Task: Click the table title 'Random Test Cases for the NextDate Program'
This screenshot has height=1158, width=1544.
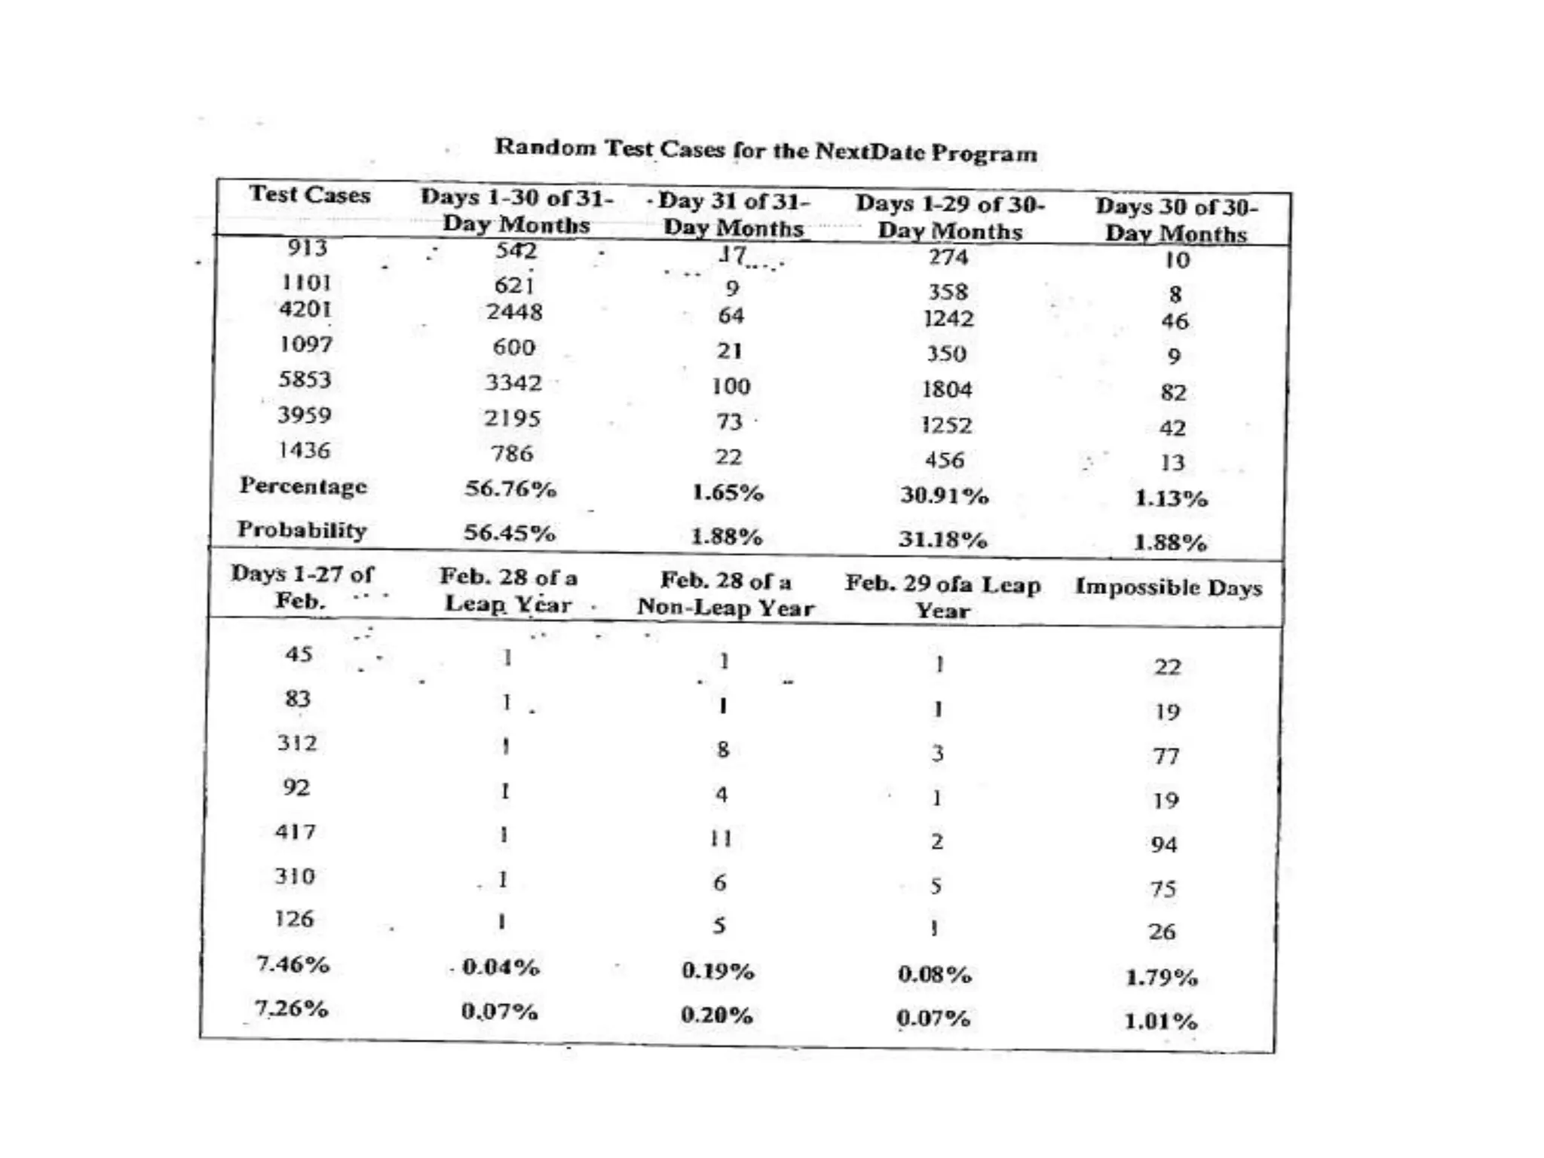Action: [x=765, y=149]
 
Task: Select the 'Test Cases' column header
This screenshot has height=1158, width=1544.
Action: [x=309, y=195]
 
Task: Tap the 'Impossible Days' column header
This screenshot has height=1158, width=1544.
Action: [x=1169, y=587]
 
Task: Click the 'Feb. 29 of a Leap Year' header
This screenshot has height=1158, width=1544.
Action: [x=942, y=596]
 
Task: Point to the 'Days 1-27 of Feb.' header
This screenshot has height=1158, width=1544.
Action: [x=302, y=587]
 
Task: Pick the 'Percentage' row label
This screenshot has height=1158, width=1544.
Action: [x=303, y=486]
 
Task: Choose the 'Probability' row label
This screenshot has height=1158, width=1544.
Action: [x=302, y=530]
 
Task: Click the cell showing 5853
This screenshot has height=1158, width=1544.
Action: [x=305, y=379]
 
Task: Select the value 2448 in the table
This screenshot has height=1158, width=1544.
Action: [x=514, y=311]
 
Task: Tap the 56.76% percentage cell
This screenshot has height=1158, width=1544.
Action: [x=510, y=489]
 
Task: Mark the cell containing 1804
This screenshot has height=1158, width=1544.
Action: [x=947, y=389]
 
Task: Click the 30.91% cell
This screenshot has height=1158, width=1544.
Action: [x=944, y=496]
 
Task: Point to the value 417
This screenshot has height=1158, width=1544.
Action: [x=295, y=832]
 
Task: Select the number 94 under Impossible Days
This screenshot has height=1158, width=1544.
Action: [x=1164, y=844]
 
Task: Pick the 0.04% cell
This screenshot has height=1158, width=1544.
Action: [x=501, y=967]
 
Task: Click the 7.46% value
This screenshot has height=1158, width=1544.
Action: [x=293, y=964]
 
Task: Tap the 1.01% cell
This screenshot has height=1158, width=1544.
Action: [x=1161, y=1022]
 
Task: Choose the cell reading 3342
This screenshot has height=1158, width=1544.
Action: [x=513, y=383]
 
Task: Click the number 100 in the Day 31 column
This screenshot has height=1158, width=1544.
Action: [x=731, y=386]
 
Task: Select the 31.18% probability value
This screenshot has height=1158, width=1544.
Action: [x=942, y=540]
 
